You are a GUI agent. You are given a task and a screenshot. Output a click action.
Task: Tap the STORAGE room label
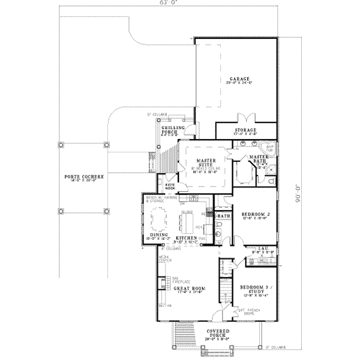[x=245, y=130]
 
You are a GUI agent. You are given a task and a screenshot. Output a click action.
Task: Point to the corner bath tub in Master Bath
[x=269, y=148]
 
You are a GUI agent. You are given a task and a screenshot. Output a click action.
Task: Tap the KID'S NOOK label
[x=163, y=186]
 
